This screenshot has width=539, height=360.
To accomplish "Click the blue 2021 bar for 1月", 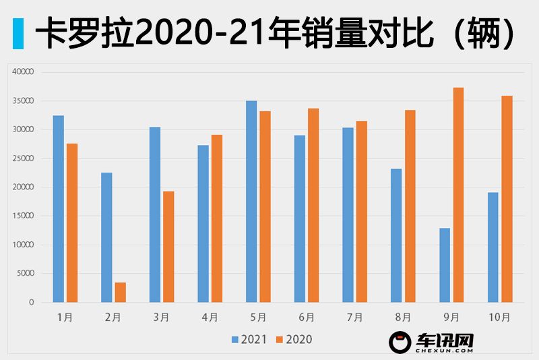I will [59, 209].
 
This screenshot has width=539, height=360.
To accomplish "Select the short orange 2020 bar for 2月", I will [120, 293].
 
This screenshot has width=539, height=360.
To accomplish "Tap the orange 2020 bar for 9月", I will [458, 195].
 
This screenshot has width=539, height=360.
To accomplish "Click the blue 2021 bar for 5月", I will [251, 202].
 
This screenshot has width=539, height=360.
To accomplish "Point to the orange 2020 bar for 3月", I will [168, 247].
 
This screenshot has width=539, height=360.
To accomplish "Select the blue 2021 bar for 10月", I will [493, 247].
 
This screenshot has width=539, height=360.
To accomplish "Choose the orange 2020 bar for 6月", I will [313, 206].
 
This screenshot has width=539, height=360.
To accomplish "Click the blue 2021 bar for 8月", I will [396, 235].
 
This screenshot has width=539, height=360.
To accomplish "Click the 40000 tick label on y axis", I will [22, 72].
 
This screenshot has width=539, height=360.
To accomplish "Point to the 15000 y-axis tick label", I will [22, 216].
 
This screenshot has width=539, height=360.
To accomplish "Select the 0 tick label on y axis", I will [31, 303].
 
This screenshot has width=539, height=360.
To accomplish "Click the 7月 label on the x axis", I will [354, 317].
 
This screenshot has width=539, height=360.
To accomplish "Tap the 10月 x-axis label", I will [500, 317].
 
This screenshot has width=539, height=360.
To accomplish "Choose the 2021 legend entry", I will [250, 340].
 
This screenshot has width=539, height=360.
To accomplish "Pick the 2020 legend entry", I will [294, 340].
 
